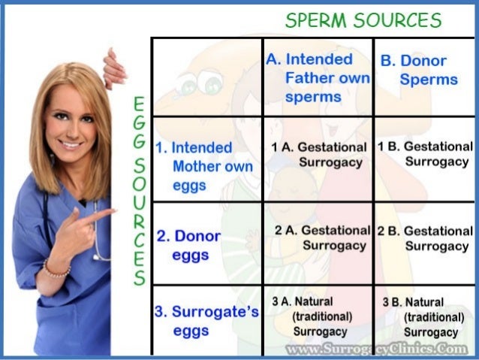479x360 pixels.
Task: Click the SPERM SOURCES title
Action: coord(363,21)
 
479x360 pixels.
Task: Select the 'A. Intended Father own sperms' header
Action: coord(318,77)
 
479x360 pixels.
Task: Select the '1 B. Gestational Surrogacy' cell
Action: coord(426,153)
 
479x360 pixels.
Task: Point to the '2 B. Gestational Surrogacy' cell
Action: coord(426,238)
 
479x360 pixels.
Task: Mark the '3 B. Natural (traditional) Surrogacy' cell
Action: coord(424,316)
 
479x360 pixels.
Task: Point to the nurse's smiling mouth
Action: coord(71,145)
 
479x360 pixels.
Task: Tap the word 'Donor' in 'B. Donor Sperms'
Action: coord(423,61)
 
